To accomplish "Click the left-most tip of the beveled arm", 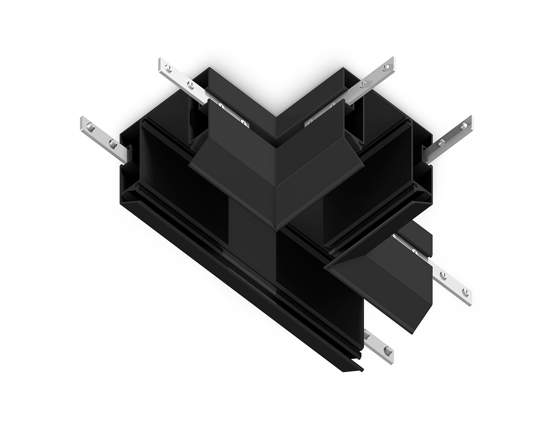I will pyautogui.click(x=326, y=267).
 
